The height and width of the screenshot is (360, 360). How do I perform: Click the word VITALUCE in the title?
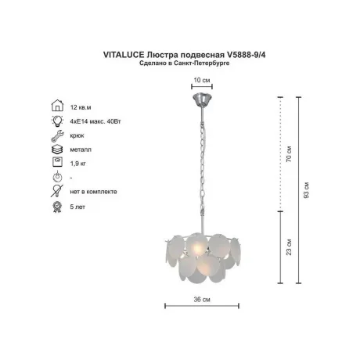pyautogui.click(x=124, y=55)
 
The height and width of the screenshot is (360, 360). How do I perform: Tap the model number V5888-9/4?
pyautogui.click(x=246, y=55)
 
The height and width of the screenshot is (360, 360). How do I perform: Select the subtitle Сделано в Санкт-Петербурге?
pyautogui.click(x=185, y=63)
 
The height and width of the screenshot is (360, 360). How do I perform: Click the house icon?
pyautogui.click(x=57, y=106)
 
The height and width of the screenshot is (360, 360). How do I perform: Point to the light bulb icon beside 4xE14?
pyautogui.click(x=57, y=121)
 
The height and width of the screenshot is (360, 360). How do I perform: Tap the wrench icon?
pyautogui.click(x=57, y=135)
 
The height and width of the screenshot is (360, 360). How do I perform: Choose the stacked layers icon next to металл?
pyautogui.click(x=57, y=149)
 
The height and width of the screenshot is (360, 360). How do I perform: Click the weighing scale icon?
pyautogui.click(x=57, y=162)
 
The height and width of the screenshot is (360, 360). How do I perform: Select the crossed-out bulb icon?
pyautogui.click(x=57, y=191)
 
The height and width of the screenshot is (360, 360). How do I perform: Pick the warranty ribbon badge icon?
pyautogui.click(x=57, y=207)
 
